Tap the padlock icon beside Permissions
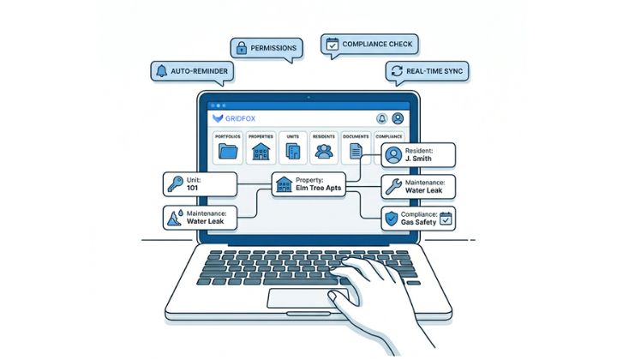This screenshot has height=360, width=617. point(242,47)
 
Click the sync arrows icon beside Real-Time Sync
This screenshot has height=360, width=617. point(397,71)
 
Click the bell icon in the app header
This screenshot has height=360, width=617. point(380,118)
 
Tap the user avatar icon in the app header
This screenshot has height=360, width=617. point(398,118)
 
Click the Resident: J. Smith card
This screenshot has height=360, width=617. point(417,155)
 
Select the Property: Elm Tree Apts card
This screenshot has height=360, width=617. point(308,184)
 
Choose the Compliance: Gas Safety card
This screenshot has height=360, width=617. point(417,218)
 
